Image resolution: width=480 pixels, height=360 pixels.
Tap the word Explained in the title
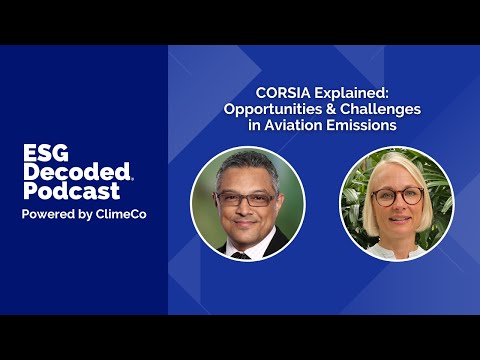click(x=352, y=94)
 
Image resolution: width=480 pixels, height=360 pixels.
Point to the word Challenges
click(x=380, y=110)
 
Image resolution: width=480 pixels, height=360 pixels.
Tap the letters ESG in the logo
click(x=46, y=153)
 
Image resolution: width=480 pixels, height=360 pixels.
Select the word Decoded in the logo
click(x=77, y=171)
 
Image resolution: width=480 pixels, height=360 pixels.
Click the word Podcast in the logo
click(x=71, y=191)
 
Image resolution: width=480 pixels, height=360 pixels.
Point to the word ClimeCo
click(x=121, y=214)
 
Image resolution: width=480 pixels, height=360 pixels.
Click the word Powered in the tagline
click(x=48, y=214)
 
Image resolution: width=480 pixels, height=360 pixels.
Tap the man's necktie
click(x=241, y=255)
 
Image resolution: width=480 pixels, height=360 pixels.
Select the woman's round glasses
click(x=397, y=196)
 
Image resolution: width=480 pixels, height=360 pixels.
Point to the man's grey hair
click(x=247, y=167)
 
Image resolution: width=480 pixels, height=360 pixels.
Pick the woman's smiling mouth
click(x=400, y=219)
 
